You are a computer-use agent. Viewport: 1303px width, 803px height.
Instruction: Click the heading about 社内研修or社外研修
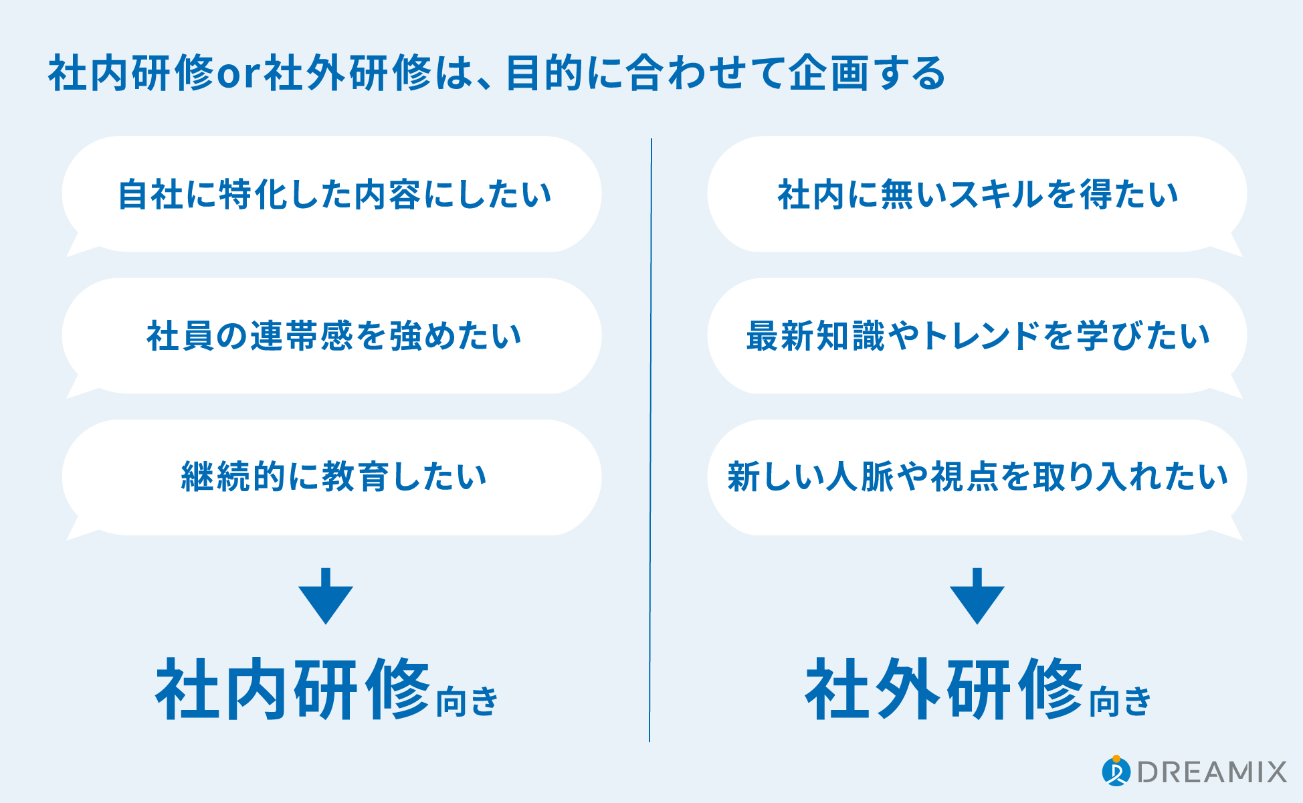point(496,73)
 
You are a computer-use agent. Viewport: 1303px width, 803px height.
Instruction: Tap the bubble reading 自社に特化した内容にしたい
point(332,195)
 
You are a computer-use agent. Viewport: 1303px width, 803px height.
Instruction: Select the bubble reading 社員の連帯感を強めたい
point(332,337)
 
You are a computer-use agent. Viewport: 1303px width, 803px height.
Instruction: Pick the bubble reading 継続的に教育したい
point(332,478)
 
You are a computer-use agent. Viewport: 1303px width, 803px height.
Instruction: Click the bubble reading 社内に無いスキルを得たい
point(977,195)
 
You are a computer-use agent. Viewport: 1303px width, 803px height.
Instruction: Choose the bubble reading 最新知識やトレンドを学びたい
point(977,337)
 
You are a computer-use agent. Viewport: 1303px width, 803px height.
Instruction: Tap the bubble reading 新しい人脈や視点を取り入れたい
point(977,478)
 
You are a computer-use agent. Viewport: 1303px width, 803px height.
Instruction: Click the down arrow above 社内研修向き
point(326,596)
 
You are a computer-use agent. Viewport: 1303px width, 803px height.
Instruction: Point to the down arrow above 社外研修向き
point(977,596)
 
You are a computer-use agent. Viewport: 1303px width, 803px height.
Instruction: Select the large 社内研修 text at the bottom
point(293,689)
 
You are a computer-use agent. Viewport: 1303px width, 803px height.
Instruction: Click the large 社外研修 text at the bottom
point(944,689)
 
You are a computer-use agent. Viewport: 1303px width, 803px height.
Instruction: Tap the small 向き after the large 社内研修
point(468,701)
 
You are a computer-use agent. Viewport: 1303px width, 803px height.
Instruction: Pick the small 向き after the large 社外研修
point(1120,701)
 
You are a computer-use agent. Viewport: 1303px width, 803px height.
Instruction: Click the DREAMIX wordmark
point(1212,772)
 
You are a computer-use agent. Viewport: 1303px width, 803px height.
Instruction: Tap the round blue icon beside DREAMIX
point(1116,771)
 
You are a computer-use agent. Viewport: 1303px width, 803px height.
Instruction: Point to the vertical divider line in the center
point(650,440)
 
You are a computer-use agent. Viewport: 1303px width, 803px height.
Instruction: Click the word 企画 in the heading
point(828,74)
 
